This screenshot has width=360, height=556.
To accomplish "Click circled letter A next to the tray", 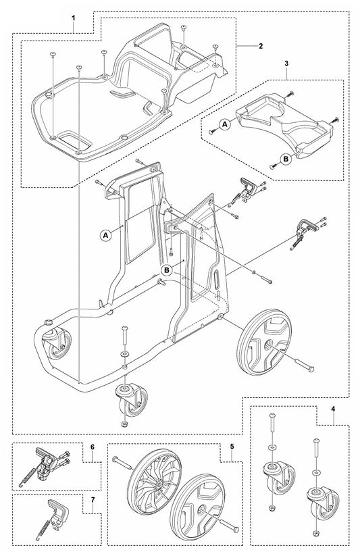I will point(225,124).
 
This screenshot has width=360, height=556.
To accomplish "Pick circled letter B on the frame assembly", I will point(167,270).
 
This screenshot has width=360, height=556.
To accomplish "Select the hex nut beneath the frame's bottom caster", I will point(124,424).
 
